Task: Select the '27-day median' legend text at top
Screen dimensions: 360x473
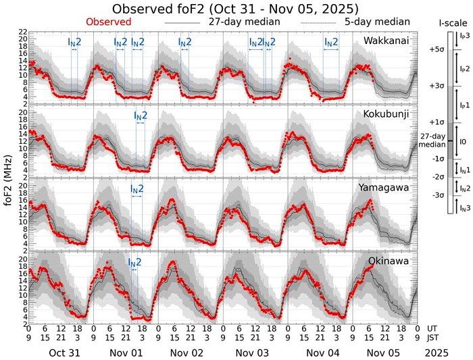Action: tap(236, 22)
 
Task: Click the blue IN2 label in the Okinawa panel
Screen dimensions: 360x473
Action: tap(134, 262)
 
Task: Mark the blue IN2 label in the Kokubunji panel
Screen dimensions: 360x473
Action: tap(140, 115)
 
